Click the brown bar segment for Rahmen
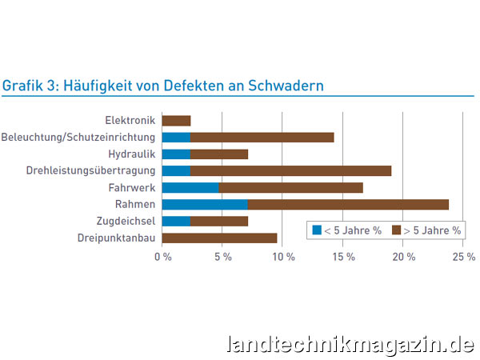[x=347, y=204]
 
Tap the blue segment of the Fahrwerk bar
[x=190, y=187]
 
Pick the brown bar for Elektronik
[x=176, y=121]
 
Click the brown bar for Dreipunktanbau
[x=219, y=238]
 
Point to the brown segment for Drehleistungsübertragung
[x=290, y=170]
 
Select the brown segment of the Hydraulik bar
[x=218, y=154]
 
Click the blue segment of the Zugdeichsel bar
[x=176, y=221]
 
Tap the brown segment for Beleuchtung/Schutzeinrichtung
[x=262, y=138]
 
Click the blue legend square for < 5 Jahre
[x=317, y=230]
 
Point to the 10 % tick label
[x=283, y=257]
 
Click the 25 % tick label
[x=464, y=257]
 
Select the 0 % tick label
[x=163, y=257]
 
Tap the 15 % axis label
[x=344, y=257]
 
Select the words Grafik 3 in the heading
[x=27, y=85]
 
